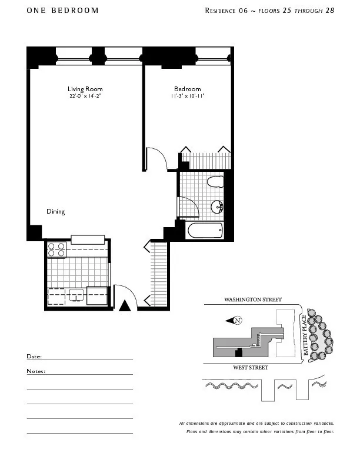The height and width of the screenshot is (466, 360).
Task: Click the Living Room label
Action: click(85, 89)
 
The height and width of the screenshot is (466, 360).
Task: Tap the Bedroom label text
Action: click(187, 89)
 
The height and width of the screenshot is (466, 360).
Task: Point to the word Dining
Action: click(56, 211)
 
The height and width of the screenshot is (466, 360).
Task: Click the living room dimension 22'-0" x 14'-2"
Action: click(85, 95)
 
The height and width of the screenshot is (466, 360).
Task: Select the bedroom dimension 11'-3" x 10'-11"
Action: click(187, 95)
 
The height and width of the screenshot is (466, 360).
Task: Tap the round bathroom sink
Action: click(218, 207)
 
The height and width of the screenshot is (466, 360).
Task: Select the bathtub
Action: click(204, 230)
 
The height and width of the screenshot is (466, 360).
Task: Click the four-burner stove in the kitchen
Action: click(56, 250)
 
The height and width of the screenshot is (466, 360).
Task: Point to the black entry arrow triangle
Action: click(124, 306)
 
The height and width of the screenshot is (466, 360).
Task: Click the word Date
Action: click(34, 357)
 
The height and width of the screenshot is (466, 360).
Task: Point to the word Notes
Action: click(35, 371)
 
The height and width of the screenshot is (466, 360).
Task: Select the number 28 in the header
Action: click(329, 11)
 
